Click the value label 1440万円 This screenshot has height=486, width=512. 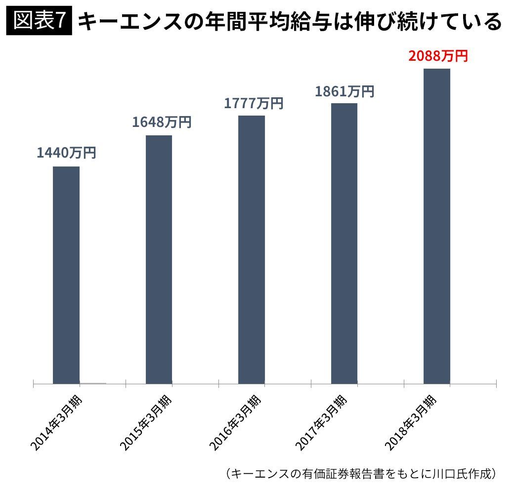66,153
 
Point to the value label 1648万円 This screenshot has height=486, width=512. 161,122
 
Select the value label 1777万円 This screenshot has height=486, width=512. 254,103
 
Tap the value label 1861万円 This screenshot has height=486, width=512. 344,91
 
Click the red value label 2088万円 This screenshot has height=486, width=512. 438,56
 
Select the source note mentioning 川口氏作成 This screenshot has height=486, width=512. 361,473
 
